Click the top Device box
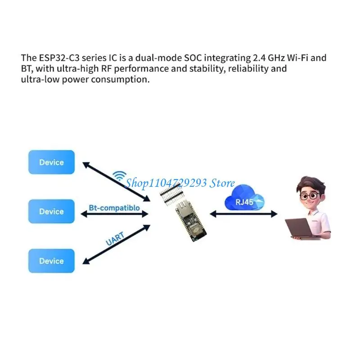pyautogui.click(x=51, y=162)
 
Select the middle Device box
pyautogui.click(x=51, y=211)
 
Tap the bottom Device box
pyautogui.click(x=51, y=261)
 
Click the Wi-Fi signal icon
pyautogui.click(x=120, y=175)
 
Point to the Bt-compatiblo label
pyautogui.click(x=115, y=208)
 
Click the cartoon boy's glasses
pyautogui.click(x=309, y=196)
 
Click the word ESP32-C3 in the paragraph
pyautogui.click(x=54, y=58)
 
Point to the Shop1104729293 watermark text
pyautogui.click(x=180, y=183)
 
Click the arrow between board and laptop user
pyautogui.click(x=243, y=215)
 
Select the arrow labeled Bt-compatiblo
pyautogui.click(x=115, y=215)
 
